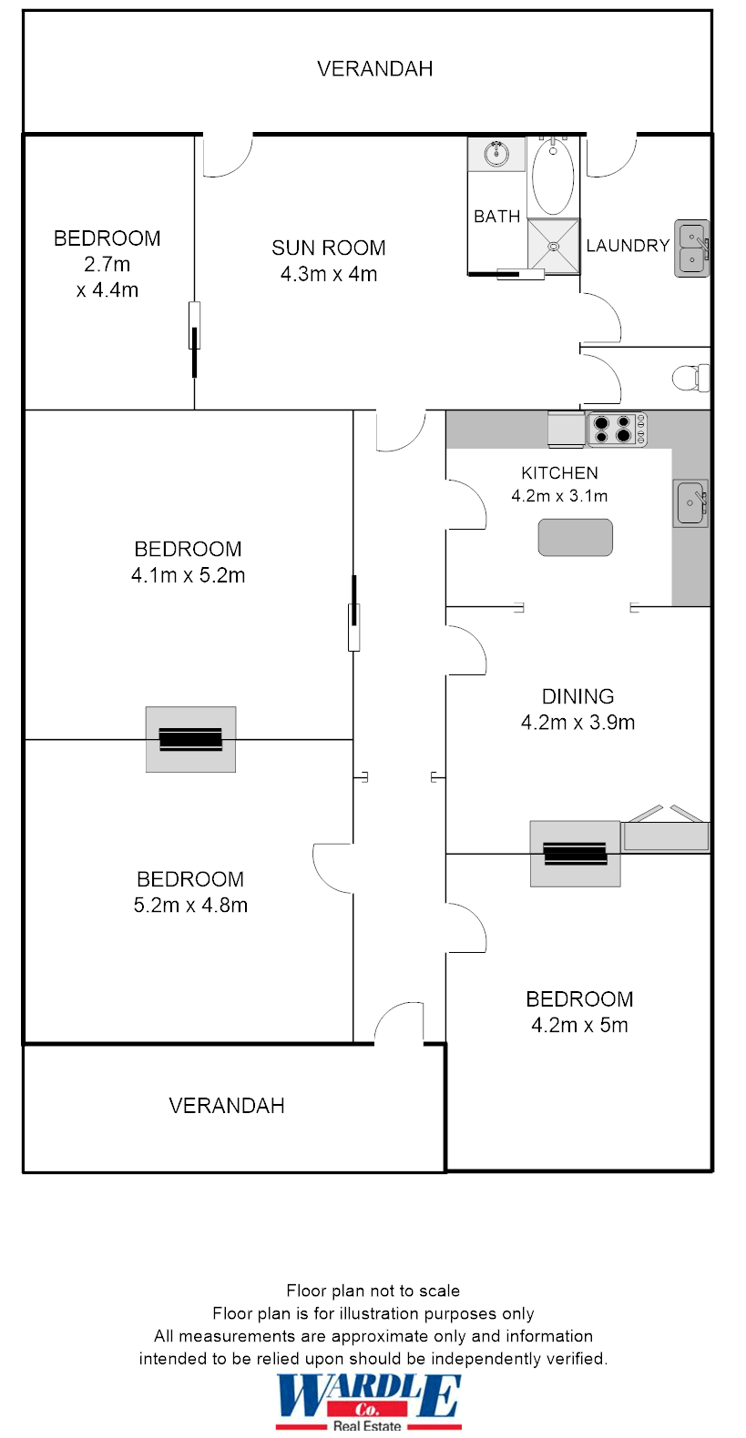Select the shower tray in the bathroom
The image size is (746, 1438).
coord(554,245)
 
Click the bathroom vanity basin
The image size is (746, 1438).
coord(496,154)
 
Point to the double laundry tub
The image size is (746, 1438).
coord(692,248)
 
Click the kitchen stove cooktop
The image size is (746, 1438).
coord(616,429)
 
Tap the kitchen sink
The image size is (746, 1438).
coord(690,503)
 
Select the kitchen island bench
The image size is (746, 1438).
coord(575,537)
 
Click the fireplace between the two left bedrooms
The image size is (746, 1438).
coord(190,739)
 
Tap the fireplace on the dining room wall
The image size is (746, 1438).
coord(575,853)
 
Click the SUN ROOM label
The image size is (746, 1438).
coord(328,248)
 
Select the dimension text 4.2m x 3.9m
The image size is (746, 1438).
coord(577,723)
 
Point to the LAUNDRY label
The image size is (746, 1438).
coord(628,246)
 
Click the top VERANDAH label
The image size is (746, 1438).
coord(374,69)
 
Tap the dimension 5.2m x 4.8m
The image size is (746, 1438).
coord(190,906)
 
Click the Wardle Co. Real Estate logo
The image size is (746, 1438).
coord(369,1402)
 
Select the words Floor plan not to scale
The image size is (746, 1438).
coord(373,1291)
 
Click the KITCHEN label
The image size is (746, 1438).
coord(559,473)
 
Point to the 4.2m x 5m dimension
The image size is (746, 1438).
coord(579,1026)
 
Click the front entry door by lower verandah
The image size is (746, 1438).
coord(399,1024)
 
